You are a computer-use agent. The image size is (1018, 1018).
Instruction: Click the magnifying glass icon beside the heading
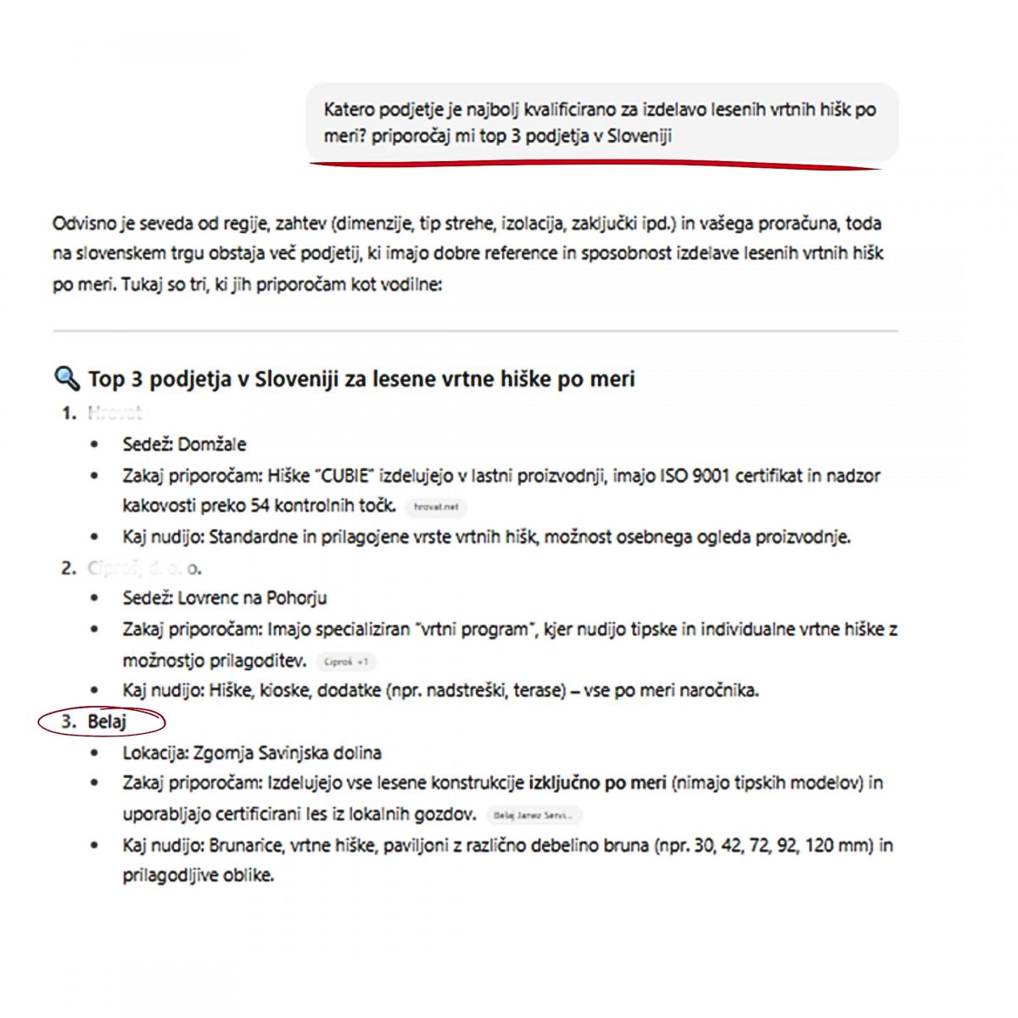[x=66, y=378]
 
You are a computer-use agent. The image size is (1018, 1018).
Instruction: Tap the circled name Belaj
[x=107, y=722]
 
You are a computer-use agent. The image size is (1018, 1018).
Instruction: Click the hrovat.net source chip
[x=436, y=506]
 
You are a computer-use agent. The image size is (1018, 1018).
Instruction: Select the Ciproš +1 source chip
[x=345, y=662]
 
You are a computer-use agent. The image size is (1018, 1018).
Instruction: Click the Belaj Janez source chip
[x=534, y=815]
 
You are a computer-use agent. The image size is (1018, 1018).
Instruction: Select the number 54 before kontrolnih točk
[x=260, y=506]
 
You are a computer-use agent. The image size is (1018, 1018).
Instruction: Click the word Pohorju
[x=297, y=598]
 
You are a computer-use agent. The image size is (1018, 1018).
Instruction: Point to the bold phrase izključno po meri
[x=597, y=783]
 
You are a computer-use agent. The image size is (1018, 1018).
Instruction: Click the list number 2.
[x=68, y=568]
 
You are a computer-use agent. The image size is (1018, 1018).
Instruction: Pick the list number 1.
[x=68, y=413]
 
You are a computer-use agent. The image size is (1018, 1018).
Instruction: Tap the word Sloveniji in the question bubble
[x=639, y=136]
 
